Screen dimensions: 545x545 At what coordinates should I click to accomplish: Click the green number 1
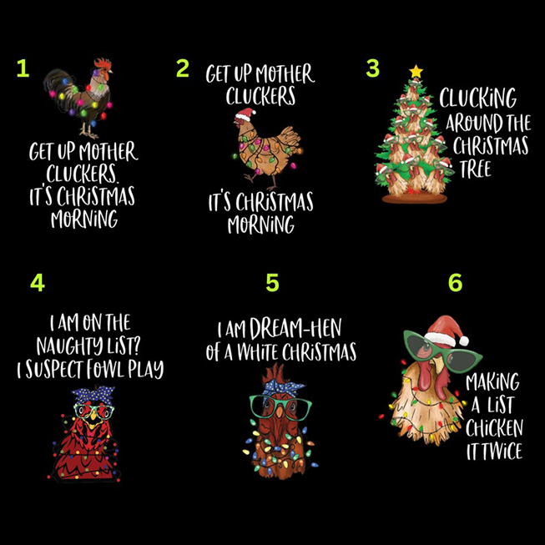(x=23, y=69)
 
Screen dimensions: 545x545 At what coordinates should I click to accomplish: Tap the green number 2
(x=182, y=68)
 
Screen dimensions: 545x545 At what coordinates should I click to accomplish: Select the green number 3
(x=373, y=67)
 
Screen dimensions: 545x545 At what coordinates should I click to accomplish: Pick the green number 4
(x=37, y=283)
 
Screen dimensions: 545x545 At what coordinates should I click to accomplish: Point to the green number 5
(x=272, y=283)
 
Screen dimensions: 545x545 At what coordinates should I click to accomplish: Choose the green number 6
(x=455, y=283)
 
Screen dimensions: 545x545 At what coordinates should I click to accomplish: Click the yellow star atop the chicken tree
(x=416, y=72)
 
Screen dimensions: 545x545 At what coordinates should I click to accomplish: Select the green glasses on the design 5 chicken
(x=280, y=406)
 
